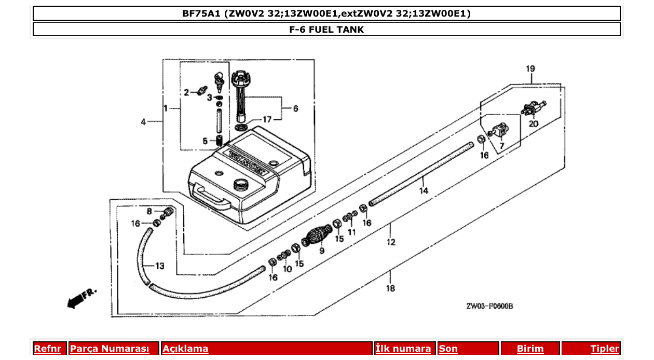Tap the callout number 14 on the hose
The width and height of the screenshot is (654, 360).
424,190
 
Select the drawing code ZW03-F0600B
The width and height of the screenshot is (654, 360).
489,306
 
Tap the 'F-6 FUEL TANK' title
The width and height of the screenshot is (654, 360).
326,30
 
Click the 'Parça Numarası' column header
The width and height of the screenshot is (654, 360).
110,349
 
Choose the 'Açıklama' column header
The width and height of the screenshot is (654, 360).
185,349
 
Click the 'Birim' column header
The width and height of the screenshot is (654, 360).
530,349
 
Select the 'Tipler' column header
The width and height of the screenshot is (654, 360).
605,349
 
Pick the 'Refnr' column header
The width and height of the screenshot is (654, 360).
47,349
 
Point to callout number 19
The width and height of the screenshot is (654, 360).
530,68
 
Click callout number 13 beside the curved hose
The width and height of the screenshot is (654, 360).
159,266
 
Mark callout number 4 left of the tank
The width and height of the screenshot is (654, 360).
143,122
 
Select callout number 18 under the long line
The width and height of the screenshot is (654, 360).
390,288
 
